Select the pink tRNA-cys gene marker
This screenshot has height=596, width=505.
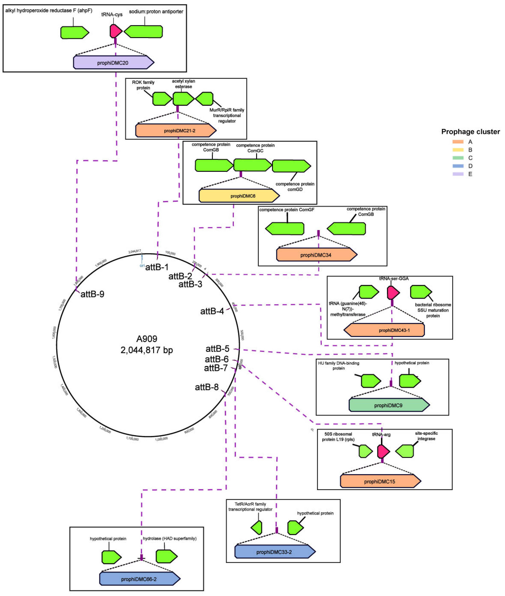[x=116, y=31]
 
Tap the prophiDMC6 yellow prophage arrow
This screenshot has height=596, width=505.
[x=239, y=196]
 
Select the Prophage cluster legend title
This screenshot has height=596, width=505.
[x=470, y=132]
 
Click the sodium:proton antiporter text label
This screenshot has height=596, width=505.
[x=156, y=11]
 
